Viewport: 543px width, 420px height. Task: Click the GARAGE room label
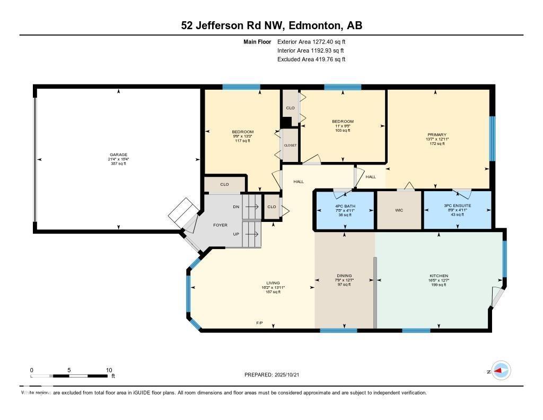(118, 155)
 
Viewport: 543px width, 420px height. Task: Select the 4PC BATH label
(345, 205)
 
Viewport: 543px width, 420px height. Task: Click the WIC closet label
(399, 210)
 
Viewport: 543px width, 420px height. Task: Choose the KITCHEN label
(439, 276)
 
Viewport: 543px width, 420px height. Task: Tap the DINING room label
(344, 276)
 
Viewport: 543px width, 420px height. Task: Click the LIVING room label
(273, 283)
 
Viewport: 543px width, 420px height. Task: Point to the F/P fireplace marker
(260, 323)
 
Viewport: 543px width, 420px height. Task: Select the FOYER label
(220, 225)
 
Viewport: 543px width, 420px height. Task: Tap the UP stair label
(236, 234)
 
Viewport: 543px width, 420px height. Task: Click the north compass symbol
(501, 371)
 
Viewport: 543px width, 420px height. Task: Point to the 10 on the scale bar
(109, 370)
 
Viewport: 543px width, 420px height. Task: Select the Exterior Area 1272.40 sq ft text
(311, 41)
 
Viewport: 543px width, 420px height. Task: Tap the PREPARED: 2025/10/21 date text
(275, 375)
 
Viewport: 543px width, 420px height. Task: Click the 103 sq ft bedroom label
(343, 130)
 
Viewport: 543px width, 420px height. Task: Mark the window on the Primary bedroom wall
(492, 139)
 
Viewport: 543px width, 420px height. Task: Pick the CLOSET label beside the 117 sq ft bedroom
(290, 145)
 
